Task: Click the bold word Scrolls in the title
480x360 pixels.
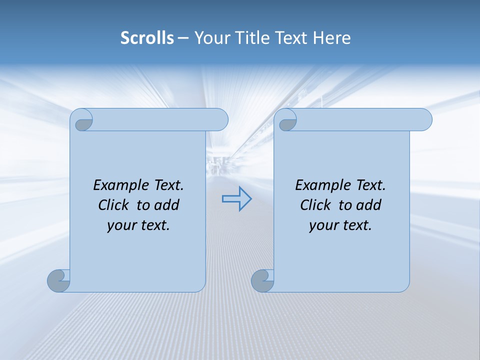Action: (147, 38)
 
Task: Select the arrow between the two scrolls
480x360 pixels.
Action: (236, 199)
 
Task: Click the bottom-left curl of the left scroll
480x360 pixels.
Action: (58, 280)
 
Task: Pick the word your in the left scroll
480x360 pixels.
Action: (120, 225)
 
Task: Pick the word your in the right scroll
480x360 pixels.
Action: (322, 225)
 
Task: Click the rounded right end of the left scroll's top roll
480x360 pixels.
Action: (220, 120)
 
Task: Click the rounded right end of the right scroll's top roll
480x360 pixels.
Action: (424, 120)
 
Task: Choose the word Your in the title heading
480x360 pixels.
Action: (209, 38)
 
